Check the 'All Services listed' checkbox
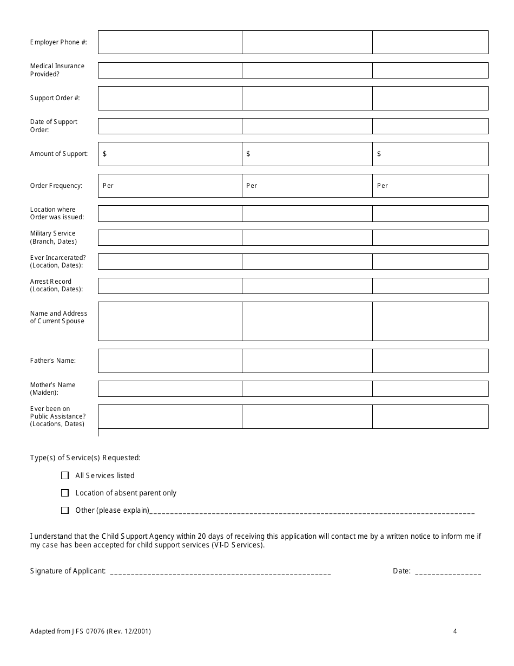65,475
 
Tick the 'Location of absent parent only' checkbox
65,493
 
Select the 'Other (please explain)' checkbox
65,510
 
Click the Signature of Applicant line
220,571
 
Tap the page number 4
455,631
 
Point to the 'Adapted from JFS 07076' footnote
90,631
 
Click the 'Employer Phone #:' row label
58,42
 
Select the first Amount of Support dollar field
170,154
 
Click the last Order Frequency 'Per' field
430,186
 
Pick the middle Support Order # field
307,98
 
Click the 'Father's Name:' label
53,361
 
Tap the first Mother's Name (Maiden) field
170,388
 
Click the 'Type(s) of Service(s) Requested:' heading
85,458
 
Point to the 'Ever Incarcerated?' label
58,258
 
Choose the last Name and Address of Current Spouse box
430,321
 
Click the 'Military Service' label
53,233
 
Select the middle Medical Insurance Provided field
307,70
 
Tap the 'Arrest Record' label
51,282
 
